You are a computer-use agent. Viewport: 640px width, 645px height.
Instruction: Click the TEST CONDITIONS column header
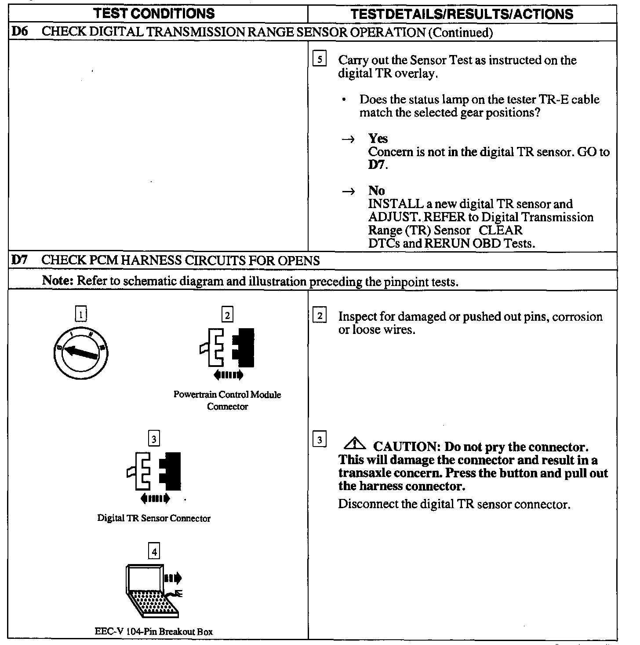(154, 14)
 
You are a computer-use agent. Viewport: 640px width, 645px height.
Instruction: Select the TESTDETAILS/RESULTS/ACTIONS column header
(462, 14)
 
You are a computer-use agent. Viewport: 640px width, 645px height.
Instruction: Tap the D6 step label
(19, 32)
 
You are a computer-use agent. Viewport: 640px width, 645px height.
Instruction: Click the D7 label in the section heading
(20, 260)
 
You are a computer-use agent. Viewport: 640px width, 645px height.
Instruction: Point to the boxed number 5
(320, 59)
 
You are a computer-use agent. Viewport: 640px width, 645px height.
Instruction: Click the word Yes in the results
(378, 139)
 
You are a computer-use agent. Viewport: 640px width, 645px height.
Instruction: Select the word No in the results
(377, 191)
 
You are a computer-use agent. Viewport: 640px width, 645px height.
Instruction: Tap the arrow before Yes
(348, 139)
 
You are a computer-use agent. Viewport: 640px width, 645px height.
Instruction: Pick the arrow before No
(348, 191)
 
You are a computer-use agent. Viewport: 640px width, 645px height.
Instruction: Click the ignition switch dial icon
(80, 352)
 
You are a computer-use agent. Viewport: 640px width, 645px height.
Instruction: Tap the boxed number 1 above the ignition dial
(81, 314)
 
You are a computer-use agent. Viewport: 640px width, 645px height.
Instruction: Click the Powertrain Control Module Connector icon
(227, 352)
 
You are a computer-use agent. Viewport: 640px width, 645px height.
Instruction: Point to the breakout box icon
(153, 590)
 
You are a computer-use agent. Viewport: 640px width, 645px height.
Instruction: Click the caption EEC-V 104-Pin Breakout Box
(154, 632)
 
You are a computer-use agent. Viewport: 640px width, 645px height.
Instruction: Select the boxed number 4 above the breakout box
(154, 551)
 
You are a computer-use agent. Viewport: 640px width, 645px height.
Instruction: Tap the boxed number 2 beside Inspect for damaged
(320, 316)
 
